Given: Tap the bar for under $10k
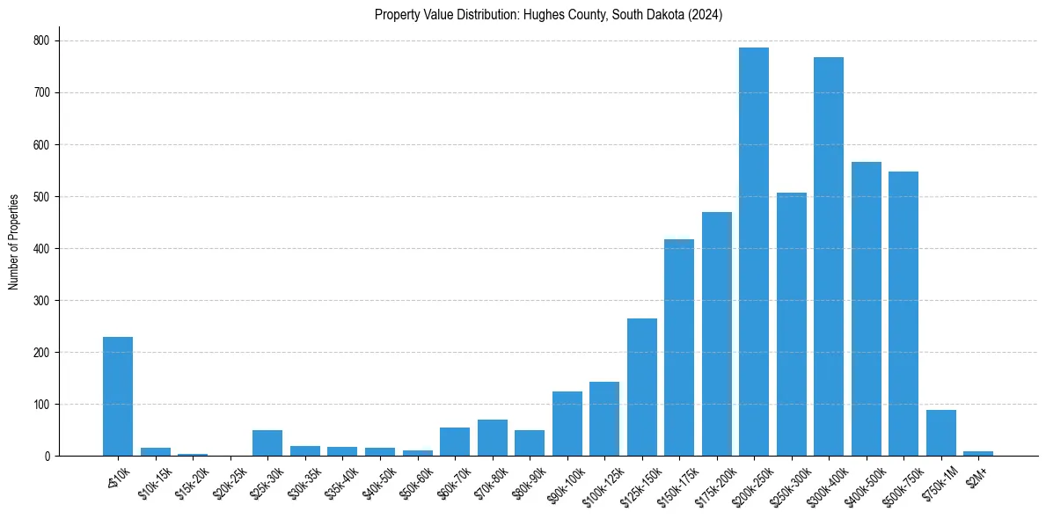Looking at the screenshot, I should point(118,397).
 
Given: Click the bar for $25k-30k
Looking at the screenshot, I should point(267,443).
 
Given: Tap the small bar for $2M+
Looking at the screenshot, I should point(978,453).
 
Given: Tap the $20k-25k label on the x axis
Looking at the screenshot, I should point(230,479).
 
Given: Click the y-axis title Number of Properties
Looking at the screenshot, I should point(14,241).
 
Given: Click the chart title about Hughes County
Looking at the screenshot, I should point(548,15).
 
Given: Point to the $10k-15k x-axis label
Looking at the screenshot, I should point(155,479).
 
